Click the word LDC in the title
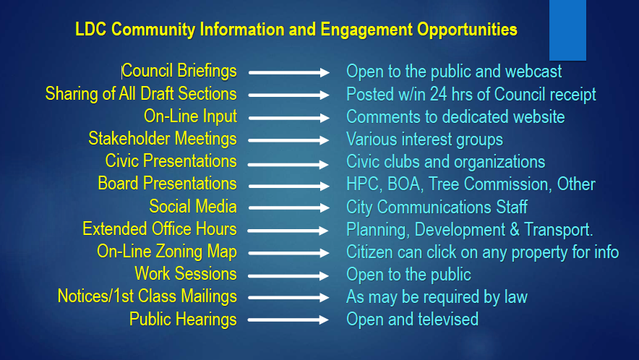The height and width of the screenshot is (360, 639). (91, 30)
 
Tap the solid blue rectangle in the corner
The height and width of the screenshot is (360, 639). (567, 30)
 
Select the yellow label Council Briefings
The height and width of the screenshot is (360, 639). (179, 71)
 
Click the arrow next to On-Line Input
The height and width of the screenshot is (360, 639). (289, 118)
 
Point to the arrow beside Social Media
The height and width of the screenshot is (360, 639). (289, 208)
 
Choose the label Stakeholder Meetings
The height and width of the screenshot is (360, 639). (163, 139)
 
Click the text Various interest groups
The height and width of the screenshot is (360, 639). (424, 140)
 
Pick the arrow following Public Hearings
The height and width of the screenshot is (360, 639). (288, 320)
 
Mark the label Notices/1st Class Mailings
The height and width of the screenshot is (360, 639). (147, 296)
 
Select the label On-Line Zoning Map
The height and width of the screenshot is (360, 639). (167, 252)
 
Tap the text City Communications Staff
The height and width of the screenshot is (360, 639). (437, 207)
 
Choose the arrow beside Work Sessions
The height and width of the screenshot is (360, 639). (288, 276)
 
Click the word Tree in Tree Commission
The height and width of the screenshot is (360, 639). (444, 184)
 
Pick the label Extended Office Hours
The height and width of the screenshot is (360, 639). (159, 229)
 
